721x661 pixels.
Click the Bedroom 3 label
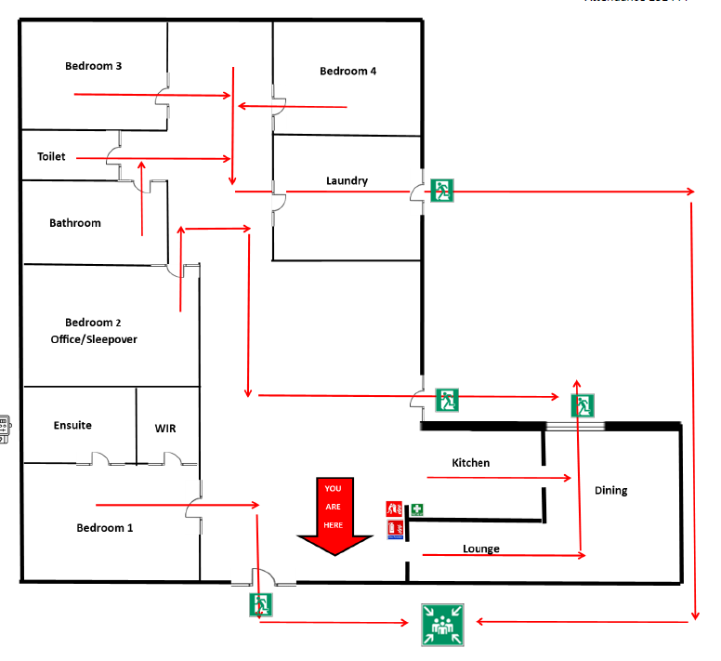93,66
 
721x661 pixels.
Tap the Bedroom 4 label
347,72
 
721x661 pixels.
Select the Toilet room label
51,157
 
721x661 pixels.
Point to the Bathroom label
75,223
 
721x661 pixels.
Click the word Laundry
347,180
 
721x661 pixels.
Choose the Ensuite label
72,425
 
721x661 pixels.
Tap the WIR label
164,429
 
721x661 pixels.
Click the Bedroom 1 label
104,527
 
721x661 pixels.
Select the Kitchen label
470,462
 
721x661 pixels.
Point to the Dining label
611,490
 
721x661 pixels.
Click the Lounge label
480,549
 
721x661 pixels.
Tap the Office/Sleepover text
94,339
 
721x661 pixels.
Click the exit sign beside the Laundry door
442,191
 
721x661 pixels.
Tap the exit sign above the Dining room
583,405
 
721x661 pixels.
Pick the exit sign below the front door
260,606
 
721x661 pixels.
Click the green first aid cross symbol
418,509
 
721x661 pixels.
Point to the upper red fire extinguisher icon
394,509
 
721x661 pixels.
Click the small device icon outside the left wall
4,429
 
